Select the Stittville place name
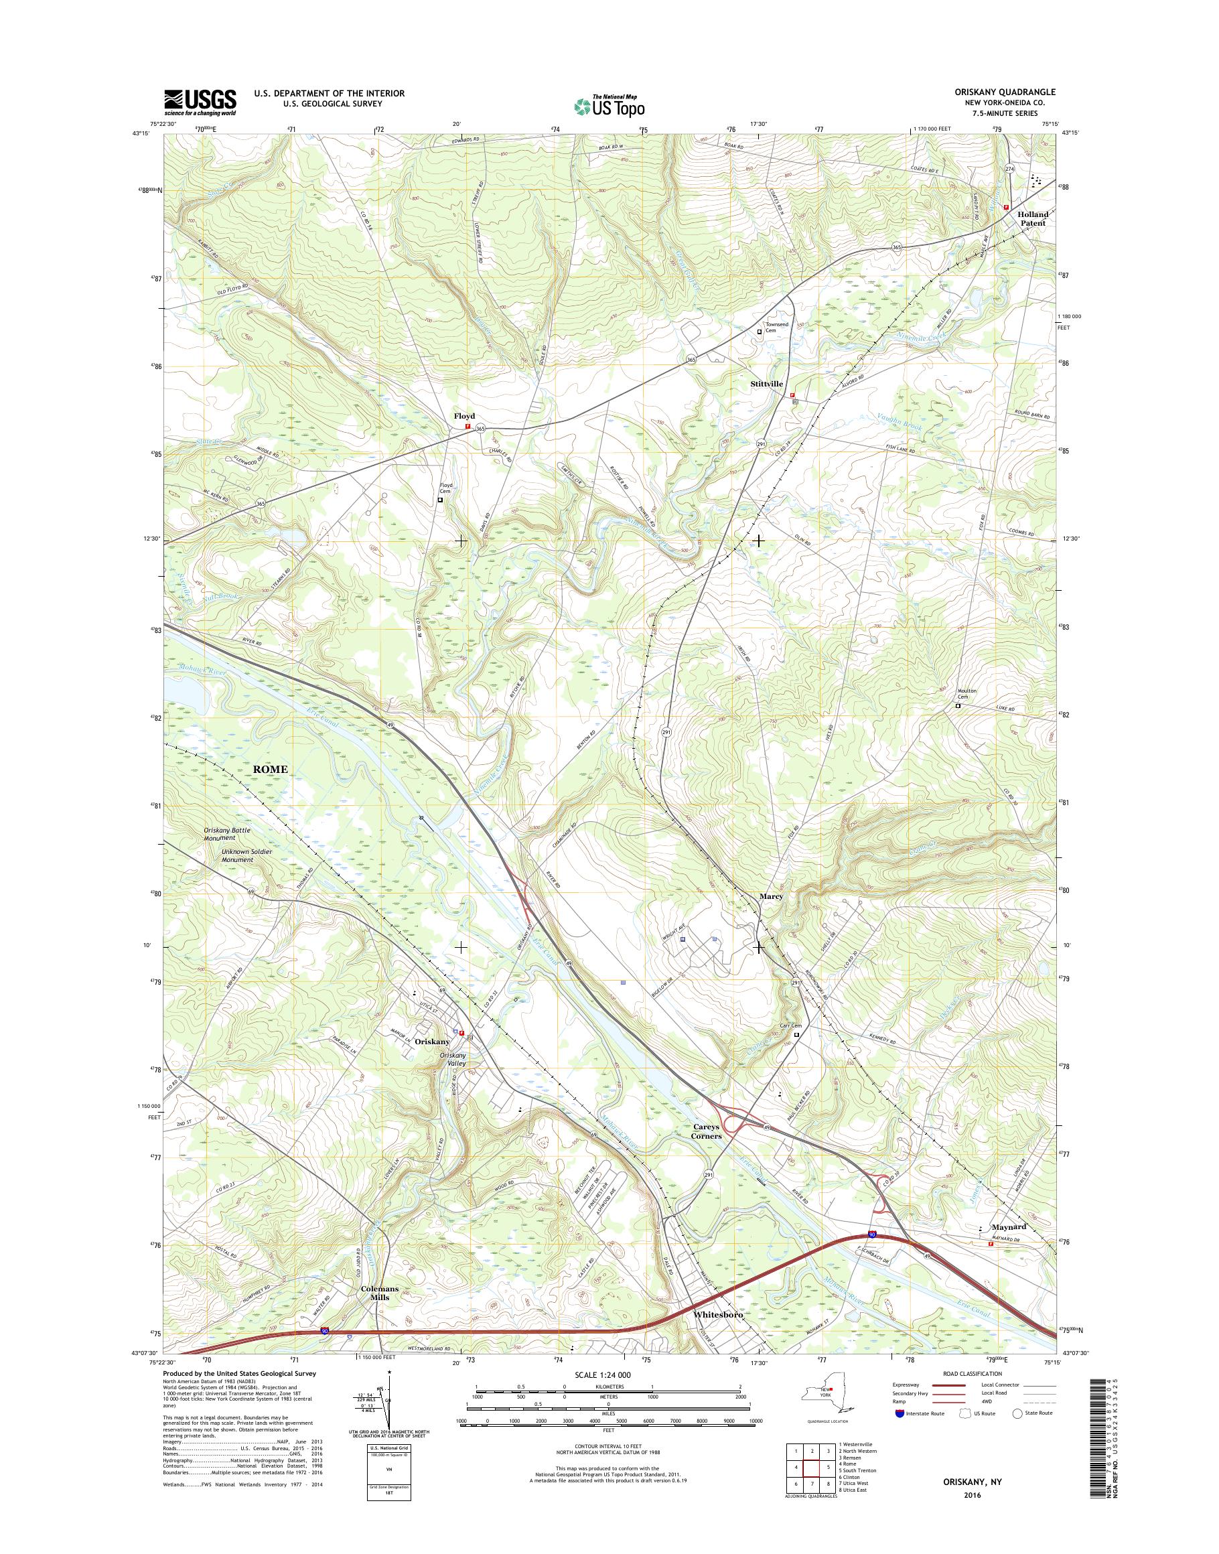click(766, 384)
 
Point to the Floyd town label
click(464, 415)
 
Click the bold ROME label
click(271, 769)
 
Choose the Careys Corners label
click(707, 1151)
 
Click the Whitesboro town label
click(719, 1314)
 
